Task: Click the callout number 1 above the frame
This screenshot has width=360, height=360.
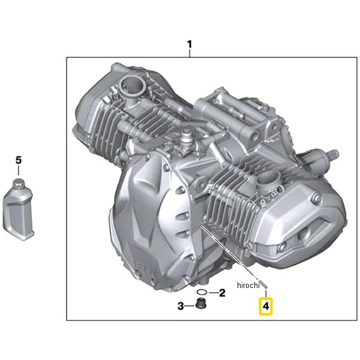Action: pos(189,44)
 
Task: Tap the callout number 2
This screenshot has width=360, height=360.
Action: pos(222,293)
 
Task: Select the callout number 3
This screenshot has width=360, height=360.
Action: pos(181,306)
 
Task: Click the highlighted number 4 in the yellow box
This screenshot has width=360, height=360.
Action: pos(266,306)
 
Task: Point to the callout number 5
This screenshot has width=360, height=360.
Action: pos(19,160)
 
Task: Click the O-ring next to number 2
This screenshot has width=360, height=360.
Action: pos(202,292)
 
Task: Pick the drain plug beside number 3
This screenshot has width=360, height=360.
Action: pos(201,303)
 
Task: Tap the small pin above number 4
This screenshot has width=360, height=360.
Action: pos(265,285)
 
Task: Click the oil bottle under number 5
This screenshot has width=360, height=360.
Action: pos(19,209)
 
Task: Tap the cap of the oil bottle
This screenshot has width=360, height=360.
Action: pos(19,183)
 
